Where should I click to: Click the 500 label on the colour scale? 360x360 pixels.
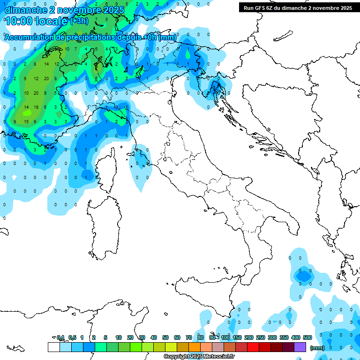(307, 337)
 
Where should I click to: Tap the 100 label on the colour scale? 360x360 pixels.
(225, 337)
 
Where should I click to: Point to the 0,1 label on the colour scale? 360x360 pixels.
(60, 337)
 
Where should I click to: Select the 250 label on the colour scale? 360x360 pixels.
(261, 337)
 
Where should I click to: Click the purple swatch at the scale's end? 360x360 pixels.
(300, 347)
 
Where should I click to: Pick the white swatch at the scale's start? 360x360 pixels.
(53, 347)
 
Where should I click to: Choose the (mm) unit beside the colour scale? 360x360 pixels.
(317, 348)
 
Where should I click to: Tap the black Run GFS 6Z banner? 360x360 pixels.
(298, 8)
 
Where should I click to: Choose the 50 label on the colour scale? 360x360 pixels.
(165, 337)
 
